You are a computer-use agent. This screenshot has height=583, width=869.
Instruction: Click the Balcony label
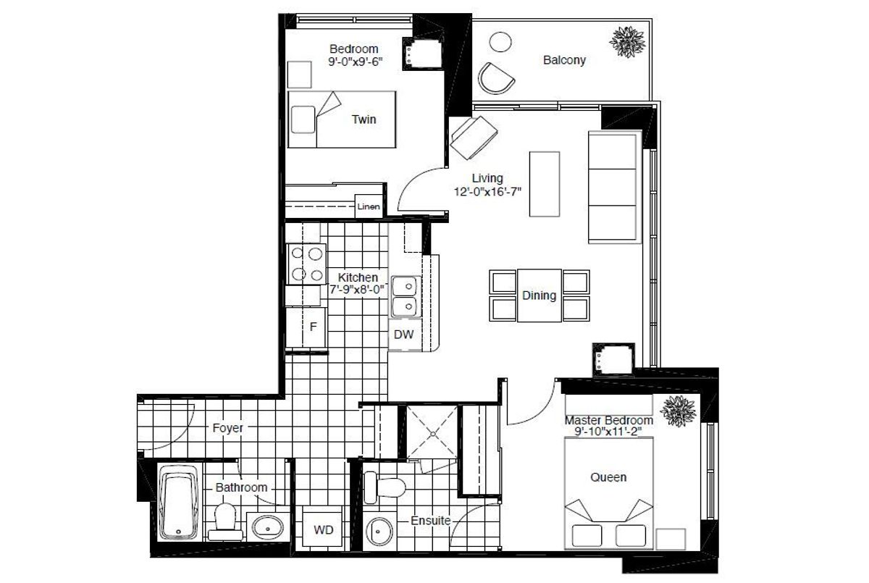tap(564, 61)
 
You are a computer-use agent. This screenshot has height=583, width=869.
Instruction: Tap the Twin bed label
tap(364, 119)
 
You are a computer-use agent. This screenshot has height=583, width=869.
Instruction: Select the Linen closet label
tap(369, 206)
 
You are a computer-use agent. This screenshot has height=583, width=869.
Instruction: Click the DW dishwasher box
tap(403, 334)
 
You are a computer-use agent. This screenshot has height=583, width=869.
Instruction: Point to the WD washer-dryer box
tap(323, 530)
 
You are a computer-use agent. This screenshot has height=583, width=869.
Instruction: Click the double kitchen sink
tap(405, 296)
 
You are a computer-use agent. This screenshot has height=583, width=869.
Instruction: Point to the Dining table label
tap(539, 295)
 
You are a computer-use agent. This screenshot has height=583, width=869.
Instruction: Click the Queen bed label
tap(608, 477)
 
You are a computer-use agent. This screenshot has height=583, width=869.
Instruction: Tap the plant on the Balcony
tap(626, 42)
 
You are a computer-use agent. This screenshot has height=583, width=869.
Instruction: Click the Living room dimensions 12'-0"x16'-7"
tap(487, 192)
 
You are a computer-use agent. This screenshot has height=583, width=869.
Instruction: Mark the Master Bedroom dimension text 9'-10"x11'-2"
tap(609, 432)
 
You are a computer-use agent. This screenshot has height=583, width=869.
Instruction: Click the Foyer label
tap(227, 428)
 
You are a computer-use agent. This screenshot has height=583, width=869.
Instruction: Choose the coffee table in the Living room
tap(545, 183)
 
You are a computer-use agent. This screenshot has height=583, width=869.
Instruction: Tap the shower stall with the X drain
tap(432, 432)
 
